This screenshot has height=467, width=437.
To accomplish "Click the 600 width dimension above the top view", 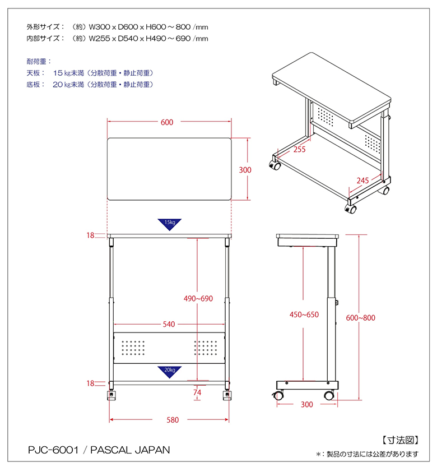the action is point(167,122).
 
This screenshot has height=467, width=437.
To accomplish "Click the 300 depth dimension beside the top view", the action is point(245,170).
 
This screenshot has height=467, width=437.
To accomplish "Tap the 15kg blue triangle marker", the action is point(169,224).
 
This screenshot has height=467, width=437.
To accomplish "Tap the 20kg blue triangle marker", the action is point(169,372).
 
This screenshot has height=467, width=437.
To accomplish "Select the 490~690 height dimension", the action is point(198,298).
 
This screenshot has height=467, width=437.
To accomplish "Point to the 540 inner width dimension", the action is point(169,324).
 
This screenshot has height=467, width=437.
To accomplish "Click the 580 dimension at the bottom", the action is point(173,420).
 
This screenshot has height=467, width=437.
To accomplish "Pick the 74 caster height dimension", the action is point(197,392).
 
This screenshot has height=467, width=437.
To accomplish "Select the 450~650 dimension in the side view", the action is point(304,315).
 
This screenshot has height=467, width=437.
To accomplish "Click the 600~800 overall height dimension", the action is point(360,318).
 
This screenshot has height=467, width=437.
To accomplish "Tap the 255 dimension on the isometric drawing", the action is point(300,149).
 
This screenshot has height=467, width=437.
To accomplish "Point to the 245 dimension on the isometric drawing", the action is point(362,181).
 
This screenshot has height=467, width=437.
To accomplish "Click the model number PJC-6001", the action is point(53,450).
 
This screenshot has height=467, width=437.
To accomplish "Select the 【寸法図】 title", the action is point(401,440).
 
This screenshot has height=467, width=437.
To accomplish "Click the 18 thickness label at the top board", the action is point(90,235).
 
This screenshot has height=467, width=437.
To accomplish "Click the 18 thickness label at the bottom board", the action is point(90,383).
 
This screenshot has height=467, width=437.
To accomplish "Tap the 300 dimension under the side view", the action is point(307,404).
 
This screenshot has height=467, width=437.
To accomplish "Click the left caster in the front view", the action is point(111,395).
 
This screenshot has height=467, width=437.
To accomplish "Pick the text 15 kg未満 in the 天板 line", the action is point(68,73).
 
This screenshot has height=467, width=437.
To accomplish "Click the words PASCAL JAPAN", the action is point(130,450).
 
